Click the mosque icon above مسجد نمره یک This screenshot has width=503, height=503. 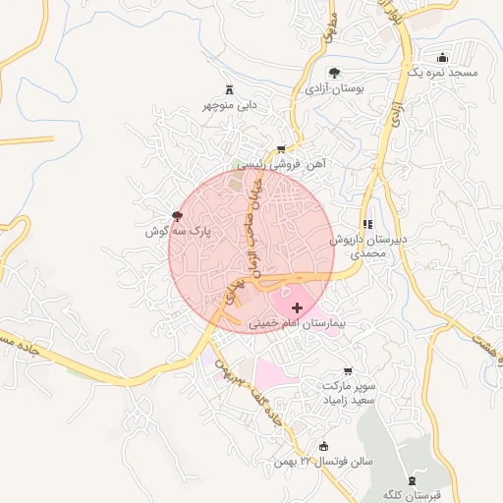point(441,57)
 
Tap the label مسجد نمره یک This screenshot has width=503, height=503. point(441,74)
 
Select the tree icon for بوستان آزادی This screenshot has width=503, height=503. point(335,72)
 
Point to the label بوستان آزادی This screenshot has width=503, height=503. point(335,88)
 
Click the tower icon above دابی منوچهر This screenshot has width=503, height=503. point(230,88)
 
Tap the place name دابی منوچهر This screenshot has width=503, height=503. point(230,104)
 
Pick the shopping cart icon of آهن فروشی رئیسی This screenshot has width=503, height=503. point(281,149)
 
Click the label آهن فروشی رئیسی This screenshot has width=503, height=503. point(281,165)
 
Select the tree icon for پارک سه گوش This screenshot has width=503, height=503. point(177,215)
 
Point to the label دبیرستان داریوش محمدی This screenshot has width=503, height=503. point(363,246)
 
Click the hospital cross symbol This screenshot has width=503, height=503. point(298,307)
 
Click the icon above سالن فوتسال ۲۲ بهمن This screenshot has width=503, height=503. point(324,446)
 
